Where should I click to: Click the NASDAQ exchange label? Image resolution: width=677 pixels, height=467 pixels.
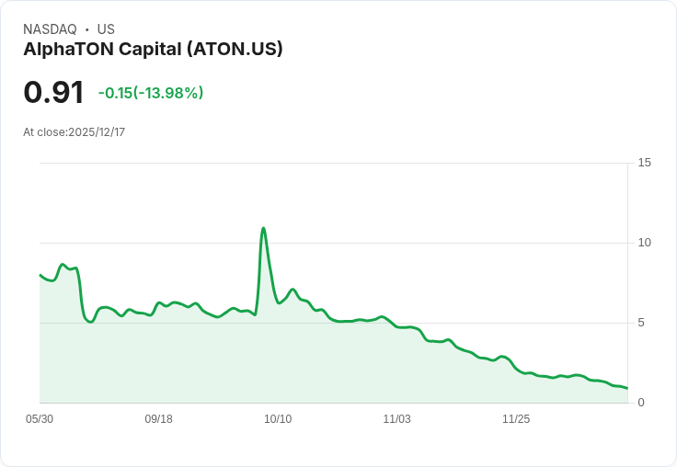[x=50, y=29]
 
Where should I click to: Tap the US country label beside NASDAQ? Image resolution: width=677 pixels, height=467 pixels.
[x=106, y=29]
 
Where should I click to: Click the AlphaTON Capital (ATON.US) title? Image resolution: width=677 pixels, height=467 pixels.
[x=153, y=49]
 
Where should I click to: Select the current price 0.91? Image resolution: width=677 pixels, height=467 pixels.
[x=53, y=92]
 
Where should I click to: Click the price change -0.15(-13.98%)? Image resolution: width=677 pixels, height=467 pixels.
[x=151, y=93]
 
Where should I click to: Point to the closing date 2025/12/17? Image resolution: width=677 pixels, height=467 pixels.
[x=97, y=132]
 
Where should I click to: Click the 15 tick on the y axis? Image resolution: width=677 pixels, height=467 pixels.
[x=644, y=163]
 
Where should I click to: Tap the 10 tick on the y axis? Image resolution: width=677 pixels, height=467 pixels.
[x=644, y=243]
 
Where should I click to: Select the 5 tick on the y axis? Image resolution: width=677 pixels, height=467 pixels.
[x=641, y=323]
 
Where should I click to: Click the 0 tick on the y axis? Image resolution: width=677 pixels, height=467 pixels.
[x=641, y=403]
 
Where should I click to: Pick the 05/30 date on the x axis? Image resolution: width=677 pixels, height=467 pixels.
[x=40, y=419]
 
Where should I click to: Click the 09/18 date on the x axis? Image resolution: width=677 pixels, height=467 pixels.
[x=158, y=419]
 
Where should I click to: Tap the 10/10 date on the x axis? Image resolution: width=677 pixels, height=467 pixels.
[x=278, y=419]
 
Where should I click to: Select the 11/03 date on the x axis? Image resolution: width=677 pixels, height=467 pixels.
[x=396, y=419]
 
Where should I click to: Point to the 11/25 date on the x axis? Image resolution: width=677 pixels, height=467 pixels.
[x=516, y=419]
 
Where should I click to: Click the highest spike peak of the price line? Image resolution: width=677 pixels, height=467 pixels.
[x=264, y=228]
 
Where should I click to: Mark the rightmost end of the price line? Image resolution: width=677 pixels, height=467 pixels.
[x=626, y=388]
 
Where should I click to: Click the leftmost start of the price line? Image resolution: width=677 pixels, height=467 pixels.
[x=40, y=275]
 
